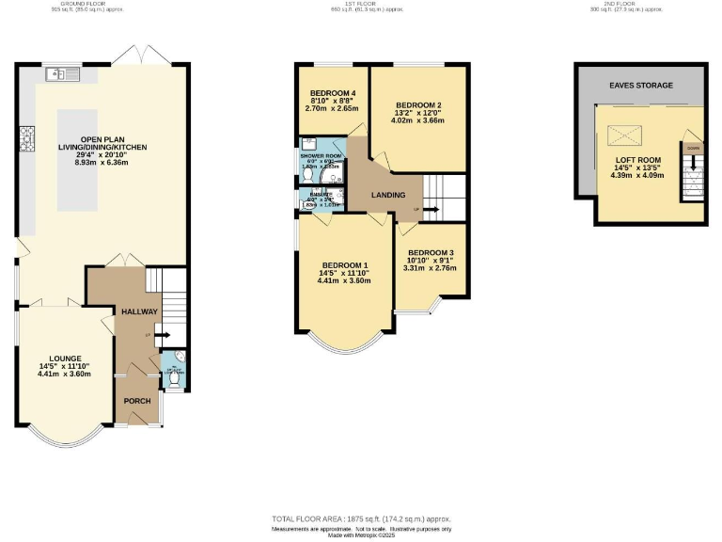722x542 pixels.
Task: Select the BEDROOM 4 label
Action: coord(334,92)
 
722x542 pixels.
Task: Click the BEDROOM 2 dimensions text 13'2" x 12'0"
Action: coord(418,113)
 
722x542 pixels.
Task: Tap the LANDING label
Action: coord(388,195)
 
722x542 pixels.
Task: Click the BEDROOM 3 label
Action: coord(431,252)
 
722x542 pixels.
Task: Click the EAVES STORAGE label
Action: coord(641,86)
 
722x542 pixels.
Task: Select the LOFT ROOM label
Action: coord(637,160)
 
